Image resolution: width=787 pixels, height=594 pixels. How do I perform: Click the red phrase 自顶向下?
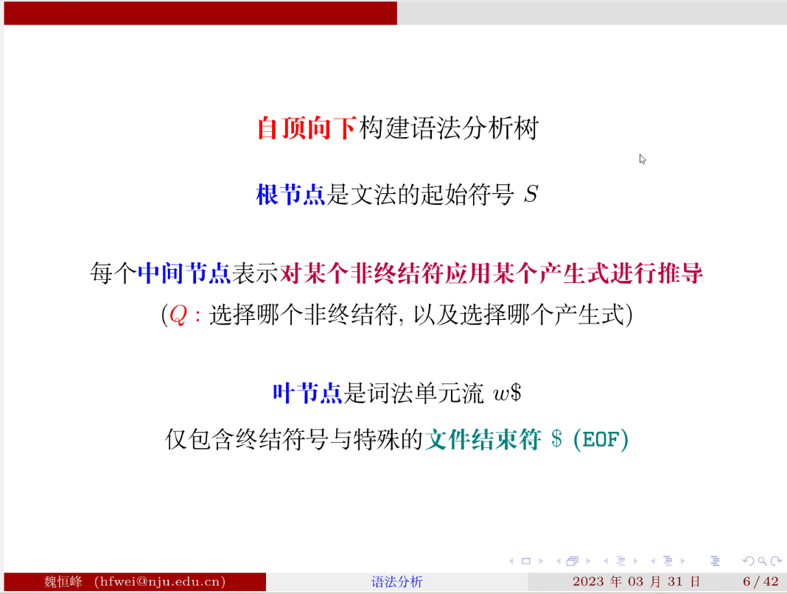(307, 129)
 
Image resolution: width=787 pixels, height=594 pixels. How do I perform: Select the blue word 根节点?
(290, 196)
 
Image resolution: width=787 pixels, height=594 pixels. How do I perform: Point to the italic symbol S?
(531, 196)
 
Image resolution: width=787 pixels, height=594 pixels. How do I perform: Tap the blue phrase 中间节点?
(184, 274)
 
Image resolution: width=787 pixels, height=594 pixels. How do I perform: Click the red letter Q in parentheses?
(178, 315)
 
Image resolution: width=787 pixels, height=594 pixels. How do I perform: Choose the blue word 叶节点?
(307, 394)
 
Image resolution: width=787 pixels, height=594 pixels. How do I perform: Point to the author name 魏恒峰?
(63, 582)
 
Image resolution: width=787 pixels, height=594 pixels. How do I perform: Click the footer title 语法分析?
(397, 582)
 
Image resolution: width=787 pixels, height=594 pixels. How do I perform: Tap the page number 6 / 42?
(760, 582)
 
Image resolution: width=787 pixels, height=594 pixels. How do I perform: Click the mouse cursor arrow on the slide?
(643, 158)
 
